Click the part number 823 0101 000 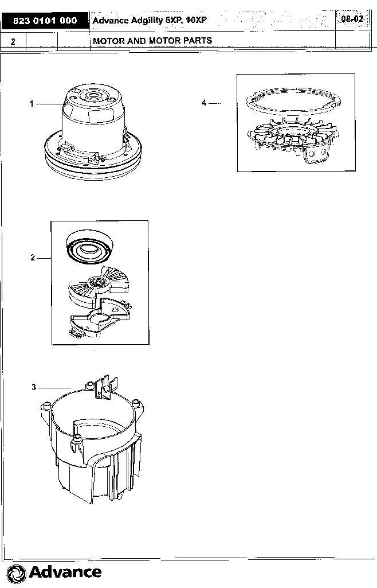pos(45,21)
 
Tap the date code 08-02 pos(352,18)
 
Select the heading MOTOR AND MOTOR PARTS pos(152,41)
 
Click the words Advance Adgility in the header pos(128,21)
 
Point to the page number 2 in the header pos(13,41)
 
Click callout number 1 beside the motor pos(32,103)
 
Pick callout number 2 pos(33,258)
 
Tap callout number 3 pos(34,387)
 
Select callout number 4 pos(203,102)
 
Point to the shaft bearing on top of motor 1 pos(92,95)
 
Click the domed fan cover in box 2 pos(89,247)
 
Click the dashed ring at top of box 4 pos(293,100)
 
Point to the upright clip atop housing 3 pos(107,387)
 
